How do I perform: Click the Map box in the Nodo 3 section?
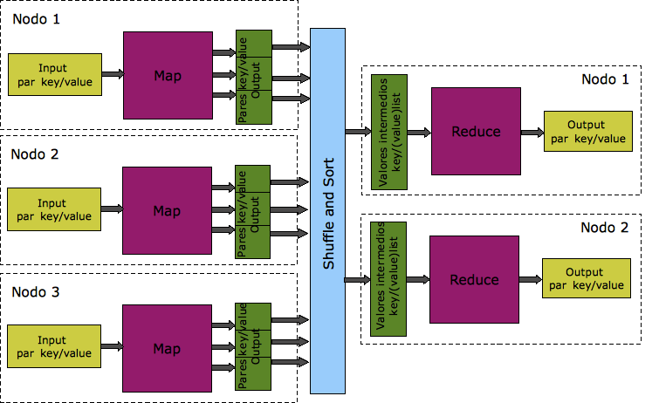click(167, 348)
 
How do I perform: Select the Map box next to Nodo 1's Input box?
click(168, 75)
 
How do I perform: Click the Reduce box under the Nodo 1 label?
click(476, 132)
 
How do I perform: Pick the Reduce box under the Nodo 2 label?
click(474, 280)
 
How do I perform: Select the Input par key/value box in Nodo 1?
click(53, 75)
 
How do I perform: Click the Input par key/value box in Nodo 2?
click(51, 210)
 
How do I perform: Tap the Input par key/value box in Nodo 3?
click(52, 347)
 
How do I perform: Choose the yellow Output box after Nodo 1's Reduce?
click(586, 132)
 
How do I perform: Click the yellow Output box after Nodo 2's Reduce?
click(585, 279)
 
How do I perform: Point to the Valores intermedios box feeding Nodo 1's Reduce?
click(390, 132)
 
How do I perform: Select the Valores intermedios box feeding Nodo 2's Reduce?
click(389, 280)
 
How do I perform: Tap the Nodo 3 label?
click(35, 291)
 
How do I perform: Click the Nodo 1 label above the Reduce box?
click(604, 79)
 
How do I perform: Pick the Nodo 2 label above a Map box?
click(35, 154)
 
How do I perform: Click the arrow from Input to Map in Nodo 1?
click(110, 75)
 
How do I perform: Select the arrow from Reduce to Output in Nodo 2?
click(530, 279)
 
